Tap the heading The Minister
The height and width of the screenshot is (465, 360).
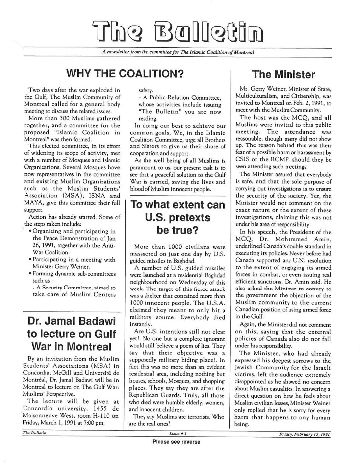(283, 74)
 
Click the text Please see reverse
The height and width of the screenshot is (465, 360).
(176, 442)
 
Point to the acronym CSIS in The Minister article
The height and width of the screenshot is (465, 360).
(242, 160)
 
